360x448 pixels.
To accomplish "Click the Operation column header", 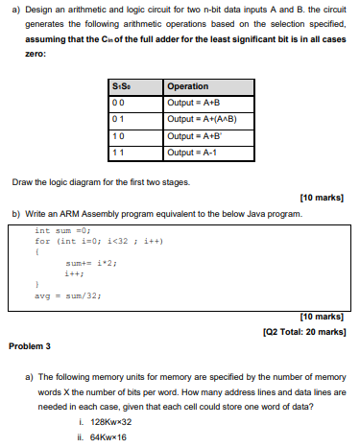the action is point(188,86).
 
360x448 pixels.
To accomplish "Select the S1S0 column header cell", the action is point(122,86).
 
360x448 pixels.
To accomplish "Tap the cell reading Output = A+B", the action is point(195,102).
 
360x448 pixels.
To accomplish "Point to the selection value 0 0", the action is point(119,102).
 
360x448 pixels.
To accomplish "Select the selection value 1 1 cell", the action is point(119,152).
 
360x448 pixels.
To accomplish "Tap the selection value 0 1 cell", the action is point(119,119).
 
